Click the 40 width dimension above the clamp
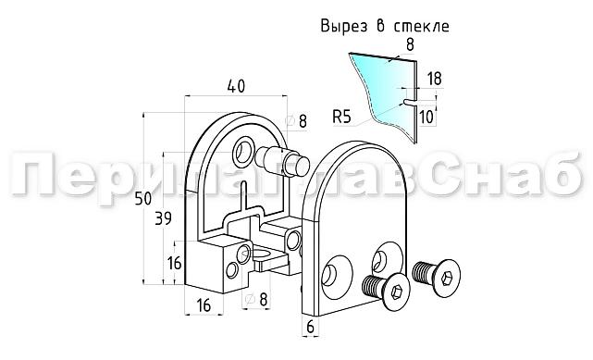[234, 86]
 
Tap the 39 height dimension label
[162, 218]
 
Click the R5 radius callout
[341, 117]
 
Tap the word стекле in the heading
[420, 26]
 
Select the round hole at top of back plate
[246, 148]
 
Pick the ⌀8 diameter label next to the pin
[297, 119]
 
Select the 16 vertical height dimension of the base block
[174, 262]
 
